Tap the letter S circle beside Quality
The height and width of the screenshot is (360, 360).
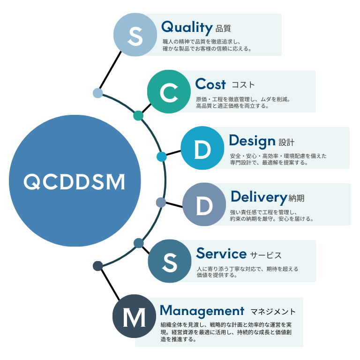pos(135,35)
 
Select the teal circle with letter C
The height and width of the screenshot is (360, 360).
pos(169,92)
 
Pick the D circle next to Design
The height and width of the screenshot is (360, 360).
pos(202,149)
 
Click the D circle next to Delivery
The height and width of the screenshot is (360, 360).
pos(204,205)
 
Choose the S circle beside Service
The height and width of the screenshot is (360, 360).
pos(169,262)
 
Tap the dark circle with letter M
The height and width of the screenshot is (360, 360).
pos(134,317)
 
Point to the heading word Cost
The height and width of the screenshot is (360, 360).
pos(210,84)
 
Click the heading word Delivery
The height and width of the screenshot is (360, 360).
pos(259,197)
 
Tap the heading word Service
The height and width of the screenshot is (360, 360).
pos(221,254)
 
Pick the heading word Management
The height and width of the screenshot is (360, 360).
pos(202,310)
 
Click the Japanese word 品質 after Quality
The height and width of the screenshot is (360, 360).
pos(224,28)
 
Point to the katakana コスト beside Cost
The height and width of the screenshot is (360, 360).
pos(243,85)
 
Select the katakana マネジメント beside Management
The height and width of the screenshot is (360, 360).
pos(273,311)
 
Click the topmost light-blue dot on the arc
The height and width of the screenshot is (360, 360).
pos(98,93)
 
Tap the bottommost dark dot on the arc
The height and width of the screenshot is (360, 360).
pos(97,266)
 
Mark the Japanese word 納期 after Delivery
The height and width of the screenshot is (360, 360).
pos(296,198)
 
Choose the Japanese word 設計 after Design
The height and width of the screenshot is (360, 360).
pos(286,142)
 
